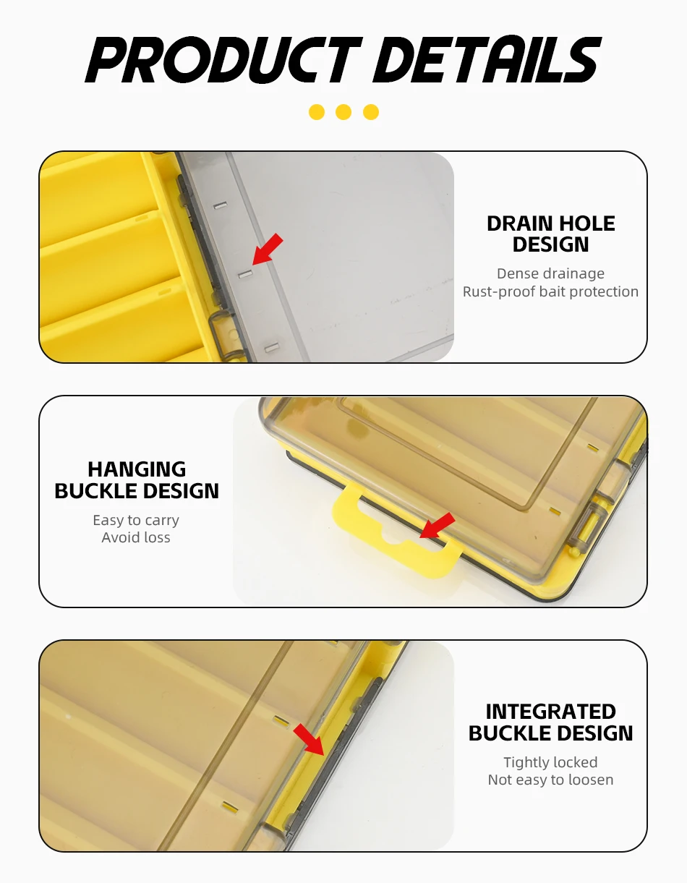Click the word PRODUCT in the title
point(223,59)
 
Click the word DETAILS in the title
point(487,59)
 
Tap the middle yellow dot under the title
point(343,112)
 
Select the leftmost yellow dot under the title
point(317,112)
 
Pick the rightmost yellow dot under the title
point(370,112)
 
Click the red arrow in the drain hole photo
point(268,249)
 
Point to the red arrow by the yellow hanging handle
point(437,525)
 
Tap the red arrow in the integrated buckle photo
point(309,739)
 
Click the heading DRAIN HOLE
point(551,223)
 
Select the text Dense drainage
point(550,274)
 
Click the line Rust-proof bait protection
point(550,291)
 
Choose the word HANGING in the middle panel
point(137,469)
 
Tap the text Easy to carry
point(136,521)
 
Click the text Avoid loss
point(136,537)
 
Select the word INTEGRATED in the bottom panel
point(551,712)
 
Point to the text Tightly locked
point(550,763)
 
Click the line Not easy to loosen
point(550,780)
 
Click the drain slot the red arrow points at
point(245,274)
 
